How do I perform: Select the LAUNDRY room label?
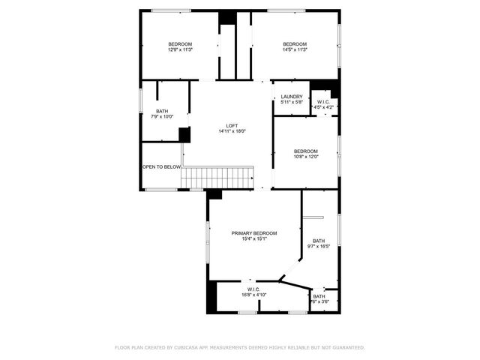pos(292,97)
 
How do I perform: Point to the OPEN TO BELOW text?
pos(161,166)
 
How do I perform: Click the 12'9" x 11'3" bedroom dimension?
pos(180,49)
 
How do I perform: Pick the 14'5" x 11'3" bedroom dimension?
pos(295,49)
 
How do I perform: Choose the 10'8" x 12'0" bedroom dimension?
pos(306,157)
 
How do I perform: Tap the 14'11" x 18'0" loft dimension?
pos(232,131)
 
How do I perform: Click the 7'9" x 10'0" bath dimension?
pos(162,116)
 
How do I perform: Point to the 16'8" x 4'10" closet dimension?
pos(254,295)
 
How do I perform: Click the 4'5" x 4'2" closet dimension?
pos(323,107)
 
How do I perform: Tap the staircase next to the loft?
pos(218,178)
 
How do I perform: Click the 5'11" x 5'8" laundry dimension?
pos(292,102)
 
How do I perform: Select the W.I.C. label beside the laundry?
pos(323,102)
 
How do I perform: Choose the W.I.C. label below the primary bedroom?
pos(253,289)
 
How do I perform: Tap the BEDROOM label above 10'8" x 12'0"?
pos(306,151)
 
